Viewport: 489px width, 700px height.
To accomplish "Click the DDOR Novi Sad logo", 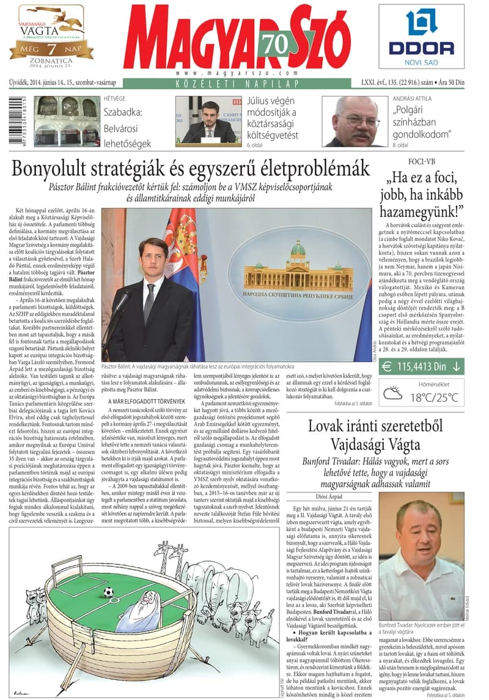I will pyautogui.click(x=421, y=36).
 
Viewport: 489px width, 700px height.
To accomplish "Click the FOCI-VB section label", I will pyautogui.click(x=421, y=161).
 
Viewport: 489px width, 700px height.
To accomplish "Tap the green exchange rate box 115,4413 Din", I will pyautogui.click(x=421, y=367).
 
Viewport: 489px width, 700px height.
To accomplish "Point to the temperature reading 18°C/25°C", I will pyautogui.click(x=434, y=397).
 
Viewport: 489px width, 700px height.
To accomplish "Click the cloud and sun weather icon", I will pyautogui.click(x=392, y=392).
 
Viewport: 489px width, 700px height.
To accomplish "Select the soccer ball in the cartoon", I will pyautogui.click(x=108, y=592).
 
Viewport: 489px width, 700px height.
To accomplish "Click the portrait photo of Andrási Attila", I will pyautogui.click(x=355, y=120).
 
